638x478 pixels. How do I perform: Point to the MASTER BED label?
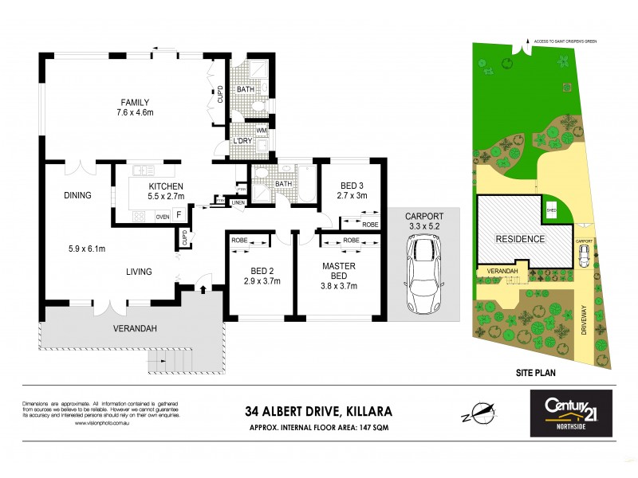(338, 265)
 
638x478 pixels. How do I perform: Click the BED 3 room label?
(351, 184)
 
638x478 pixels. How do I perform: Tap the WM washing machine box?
(262, 131)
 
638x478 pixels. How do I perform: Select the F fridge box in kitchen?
(179, 215)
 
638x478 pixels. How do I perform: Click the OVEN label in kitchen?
(162, 216)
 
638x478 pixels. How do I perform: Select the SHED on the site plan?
(551, 211)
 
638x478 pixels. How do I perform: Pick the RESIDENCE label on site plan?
(520, 238)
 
